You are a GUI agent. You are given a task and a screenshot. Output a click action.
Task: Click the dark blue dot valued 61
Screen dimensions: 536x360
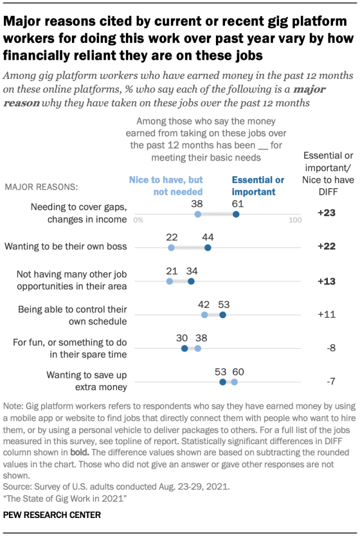click(236, 215)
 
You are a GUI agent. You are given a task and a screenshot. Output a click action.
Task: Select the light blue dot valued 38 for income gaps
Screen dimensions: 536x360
click(197, 215)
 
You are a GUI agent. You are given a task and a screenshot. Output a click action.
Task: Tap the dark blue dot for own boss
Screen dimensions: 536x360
click(208, 248)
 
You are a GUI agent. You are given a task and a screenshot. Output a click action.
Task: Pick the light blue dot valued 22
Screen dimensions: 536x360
click(171, 248)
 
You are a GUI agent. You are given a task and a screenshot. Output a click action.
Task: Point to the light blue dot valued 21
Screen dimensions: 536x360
click(170, 282)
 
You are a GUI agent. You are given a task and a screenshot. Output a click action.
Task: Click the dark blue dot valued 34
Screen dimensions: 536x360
click(191, 282)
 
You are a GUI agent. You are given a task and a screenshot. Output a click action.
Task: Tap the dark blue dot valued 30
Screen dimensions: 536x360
click(184, 349)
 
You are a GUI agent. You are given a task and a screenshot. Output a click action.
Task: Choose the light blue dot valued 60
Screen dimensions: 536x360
click(234, 382)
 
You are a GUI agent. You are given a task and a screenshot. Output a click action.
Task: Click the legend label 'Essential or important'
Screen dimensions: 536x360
click(258, 186)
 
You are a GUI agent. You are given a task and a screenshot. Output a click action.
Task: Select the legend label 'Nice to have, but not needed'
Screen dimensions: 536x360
click(166, 186)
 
